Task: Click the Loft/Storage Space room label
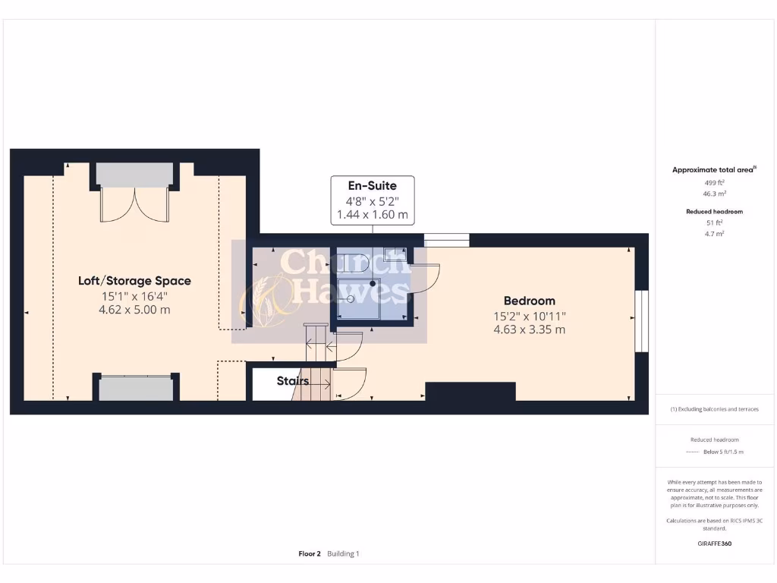click(134, 281)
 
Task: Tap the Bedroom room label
click(530, 301)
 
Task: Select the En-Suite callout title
click(372, 185)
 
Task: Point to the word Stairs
click(292, 380)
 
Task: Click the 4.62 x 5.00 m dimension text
click(134, 310)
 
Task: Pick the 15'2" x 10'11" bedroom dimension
click(530, 316)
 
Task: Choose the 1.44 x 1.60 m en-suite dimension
click(372, 215)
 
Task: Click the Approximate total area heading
click(713, 170)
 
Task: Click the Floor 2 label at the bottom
click(310, 553)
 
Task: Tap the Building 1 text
click(343, 553)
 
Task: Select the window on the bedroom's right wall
click(642, 321)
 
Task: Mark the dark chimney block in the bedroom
click(470, 391)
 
